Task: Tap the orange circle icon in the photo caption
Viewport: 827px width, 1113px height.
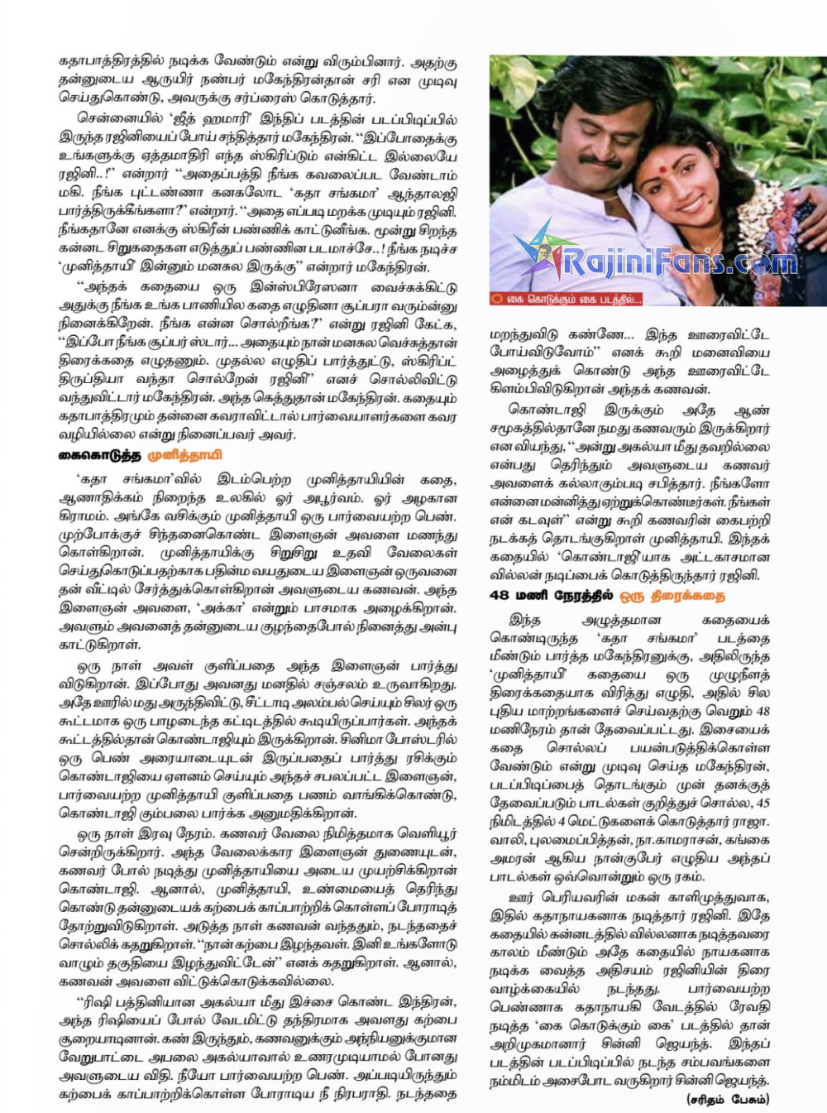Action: point(497,298)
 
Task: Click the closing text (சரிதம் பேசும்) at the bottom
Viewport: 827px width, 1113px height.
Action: point(728,1099)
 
